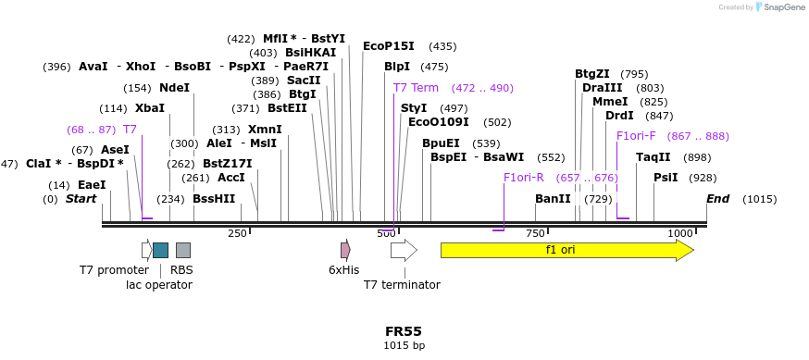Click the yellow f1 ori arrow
pyautogui.click(x=566, y=250)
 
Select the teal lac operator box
pyautogui.click(x=160, y=250)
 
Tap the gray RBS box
pyautogui.click(x=183, y=250)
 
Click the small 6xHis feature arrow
pyautogui.click(x=345, y=250)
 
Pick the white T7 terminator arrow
pyautogui.click(x=404, y=250)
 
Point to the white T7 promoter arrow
pyautogui.click(x=146, y=250)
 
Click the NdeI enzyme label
pyautogui.click(x=174, y=88)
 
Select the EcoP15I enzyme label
pyautogui.click(x=388, y=45)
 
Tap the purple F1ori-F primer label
pyautogui.click(x=636, y=136)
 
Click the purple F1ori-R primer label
pyautogui.click(x=524, y=178)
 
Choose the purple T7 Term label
pyautogui.click(x=416, y=88)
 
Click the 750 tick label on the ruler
pyautogui.click(x=536, y=233)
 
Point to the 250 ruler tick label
pyautogui.click(x=238, y=233)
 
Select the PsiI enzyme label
pyautogui.click(x=666, y=178)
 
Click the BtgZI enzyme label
pyautogui.click(x=592, y=74)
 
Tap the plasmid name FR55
pyautogui.click(x=404, y=330)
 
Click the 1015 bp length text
pyautogui.click(x=404, y=345)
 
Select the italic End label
pyautogui.click(x=718, y=199)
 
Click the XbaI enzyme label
pyautogui.click(x=150, y=108)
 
